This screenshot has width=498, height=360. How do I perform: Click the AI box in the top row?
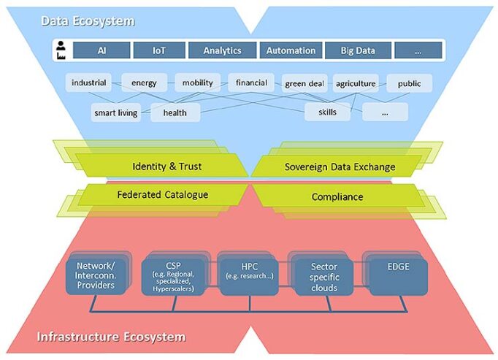pyautogui.click(x=101, y=50)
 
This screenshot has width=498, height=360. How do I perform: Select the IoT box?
pyautogui.click(x=158, y=50)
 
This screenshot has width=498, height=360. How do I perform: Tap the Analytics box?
pyautogui.click(x=223, y=50)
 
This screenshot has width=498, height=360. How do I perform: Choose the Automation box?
pyautogui.click(x=291, y=50)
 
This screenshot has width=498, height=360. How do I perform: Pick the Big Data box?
pyautogui.click(x=358, y=50)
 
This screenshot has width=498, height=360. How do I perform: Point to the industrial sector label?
pyautogui.click(x=89, y=83)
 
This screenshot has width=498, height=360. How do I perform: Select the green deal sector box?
pyautogui.click(x=304, y=84)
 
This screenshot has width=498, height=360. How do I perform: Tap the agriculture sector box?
pyautogui.click(x=356, y=83)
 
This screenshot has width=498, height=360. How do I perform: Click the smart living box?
pyautogui.click(x=116, y=112)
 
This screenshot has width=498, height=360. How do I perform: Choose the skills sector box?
pyautogui.click(x=326, y=112)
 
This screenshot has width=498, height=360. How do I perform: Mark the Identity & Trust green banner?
pyautogui.click(x=166, y=166)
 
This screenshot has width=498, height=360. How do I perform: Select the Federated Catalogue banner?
pyautogui.click(x=162, y=195)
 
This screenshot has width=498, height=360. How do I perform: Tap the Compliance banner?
pyautogui.click(x=337, y=196)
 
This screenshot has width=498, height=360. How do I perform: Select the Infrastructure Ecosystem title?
pyautogui.click(x=111, y=337)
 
